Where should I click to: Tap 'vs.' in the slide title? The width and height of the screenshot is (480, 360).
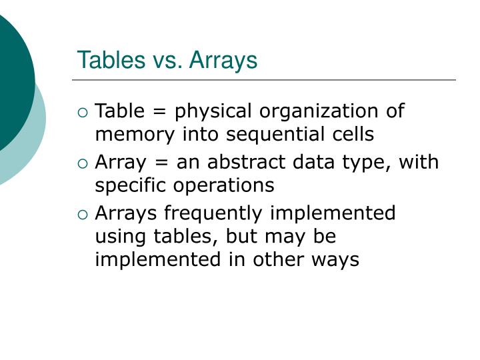pyautogui.click(x=164, y=60)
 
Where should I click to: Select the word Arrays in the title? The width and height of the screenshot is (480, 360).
pyautogui.click(x=223, y=60)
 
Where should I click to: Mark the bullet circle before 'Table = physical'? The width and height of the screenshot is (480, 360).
pyautogui.click(x=83, y=112)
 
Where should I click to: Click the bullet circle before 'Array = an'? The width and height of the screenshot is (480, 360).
pyautogui.click(x=83, y=163)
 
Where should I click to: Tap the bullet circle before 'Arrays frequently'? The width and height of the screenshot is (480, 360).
pyautogui.click(x=83, y=214)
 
